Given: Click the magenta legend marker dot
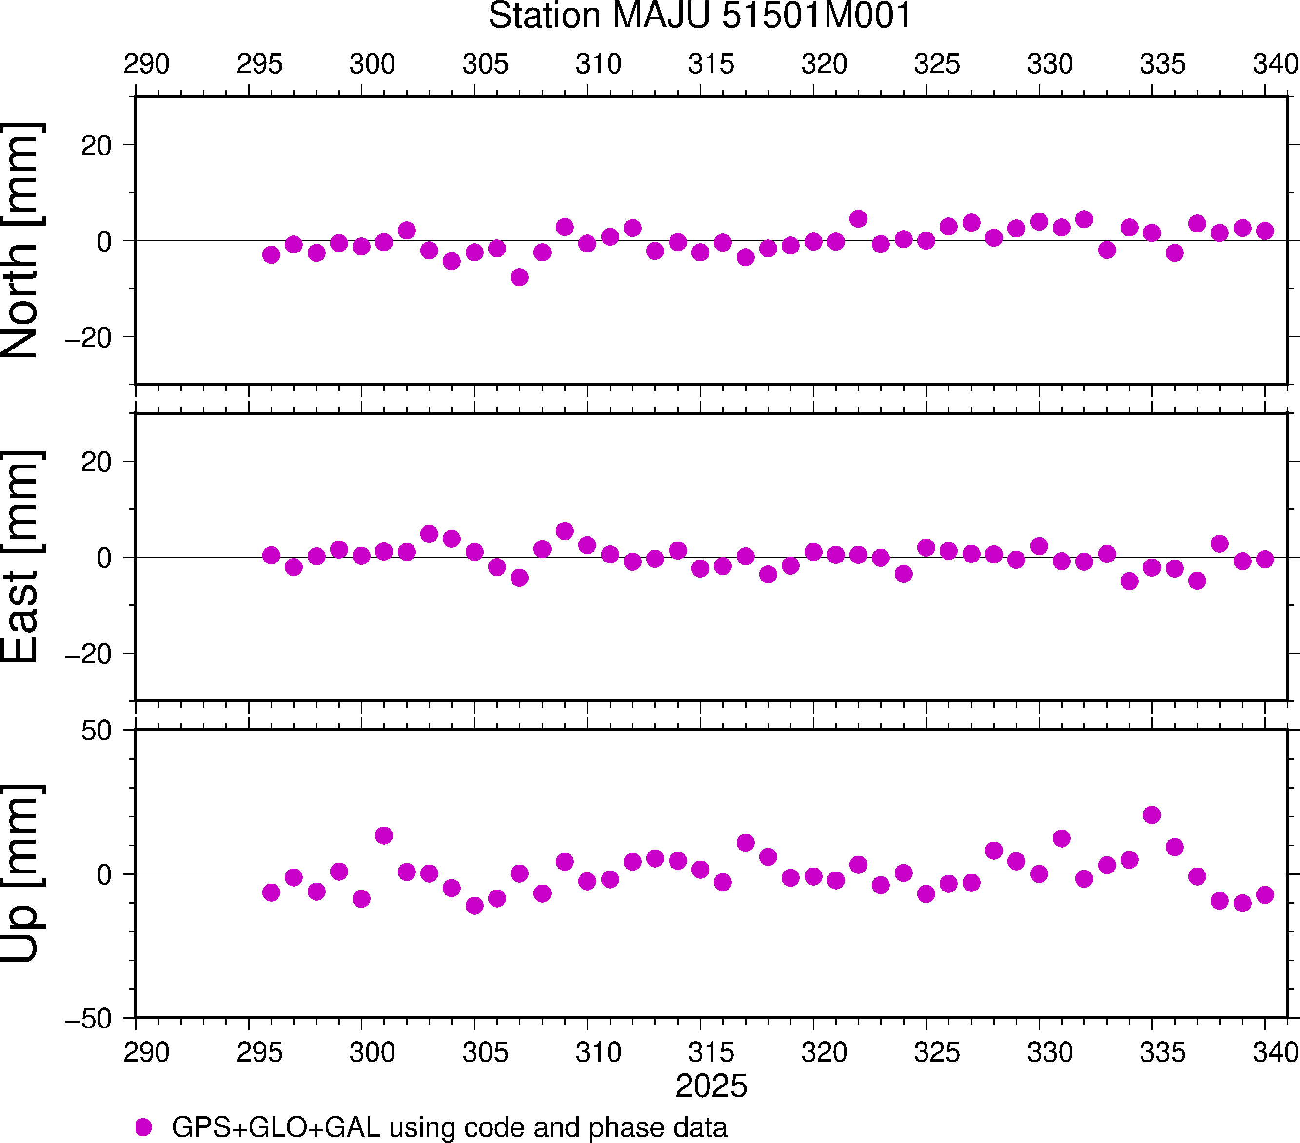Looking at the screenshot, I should coord(144,1127).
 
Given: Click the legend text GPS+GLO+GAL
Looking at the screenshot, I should coord(276,1127).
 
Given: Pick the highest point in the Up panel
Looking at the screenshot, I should coord(1152,815).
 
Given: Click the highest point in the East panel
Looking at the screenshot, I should coord(565,531).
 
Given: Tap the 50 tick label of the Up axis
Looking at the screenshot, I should coord(96,731).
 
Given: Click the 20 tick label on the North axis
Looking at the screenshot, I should coord(96,146).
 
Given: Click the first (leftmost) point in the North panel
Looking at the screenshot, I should coord(271,255).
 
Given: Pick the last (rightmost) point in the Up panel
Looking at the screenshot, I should coord(1265,895).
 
